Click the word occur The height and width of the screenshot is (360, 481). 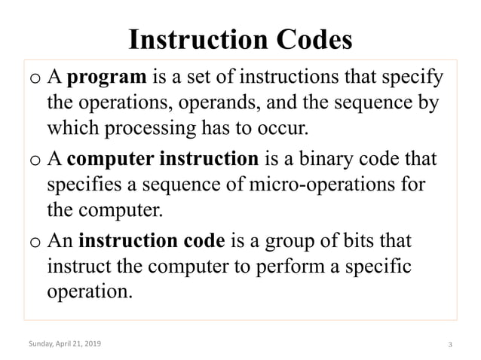[283, 127]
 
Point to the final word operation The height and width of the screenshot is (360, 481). [89, 292]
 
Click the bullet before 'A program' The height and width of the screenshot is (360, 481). [35, 78]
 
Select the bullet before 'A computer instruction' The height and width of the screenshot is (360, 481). [35, 161]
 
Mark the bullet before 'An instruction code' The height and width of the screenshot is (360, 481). [35, 244]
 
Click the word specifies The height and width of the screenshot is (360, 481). [82, 185]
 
